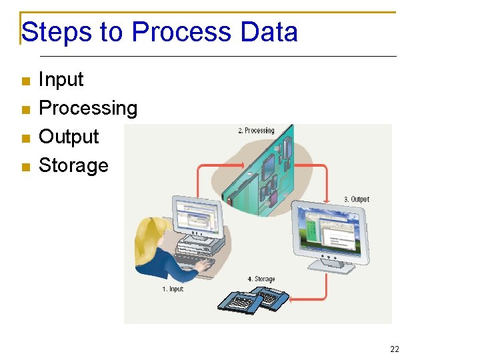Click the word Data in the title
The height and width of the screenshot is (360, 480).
coord(269,32)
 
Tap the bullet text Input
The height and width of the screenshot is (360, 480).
coord(61,79)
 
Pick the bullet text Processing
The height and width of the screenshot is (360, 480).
coord(88,108)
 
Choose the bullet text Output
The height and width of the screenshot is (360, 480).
coord(69,137)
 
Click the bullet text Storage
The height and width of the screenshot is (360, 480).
coord(73,165)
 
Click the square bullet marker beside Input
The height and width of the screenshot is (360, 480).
coord(26,81)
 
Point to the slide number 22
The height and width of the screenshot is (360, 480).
coord(395,349)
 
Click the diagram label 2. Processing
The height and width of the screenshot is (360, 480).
coord(256,131)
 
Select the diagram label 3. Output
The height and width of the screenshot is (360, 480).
coord(356,199)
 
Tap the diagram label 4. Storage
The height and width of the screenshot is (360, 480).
coord(261,279)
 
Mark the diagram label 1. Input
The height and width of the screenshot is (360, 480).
coord(172,289)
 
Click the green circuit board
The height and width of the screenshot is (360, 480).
coord(260,173)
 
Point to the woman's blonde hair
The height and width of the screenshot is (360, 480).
coord(150,240)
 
